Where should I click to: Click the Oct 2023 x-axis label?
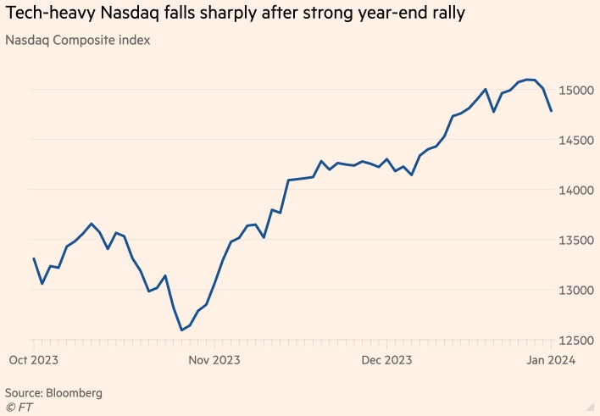coord(34,361)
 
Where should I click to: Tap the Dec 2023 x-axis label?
coord(386,361)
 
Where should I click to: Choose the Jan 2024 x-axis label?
coord(553,361)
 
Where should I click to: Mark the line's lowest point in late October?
coord(181,330)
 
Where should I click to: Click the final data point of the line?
coord(552,111)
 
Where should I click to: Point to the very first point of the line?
coord(34,258)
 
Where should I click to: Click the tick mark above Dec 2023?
coord(386,346)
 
